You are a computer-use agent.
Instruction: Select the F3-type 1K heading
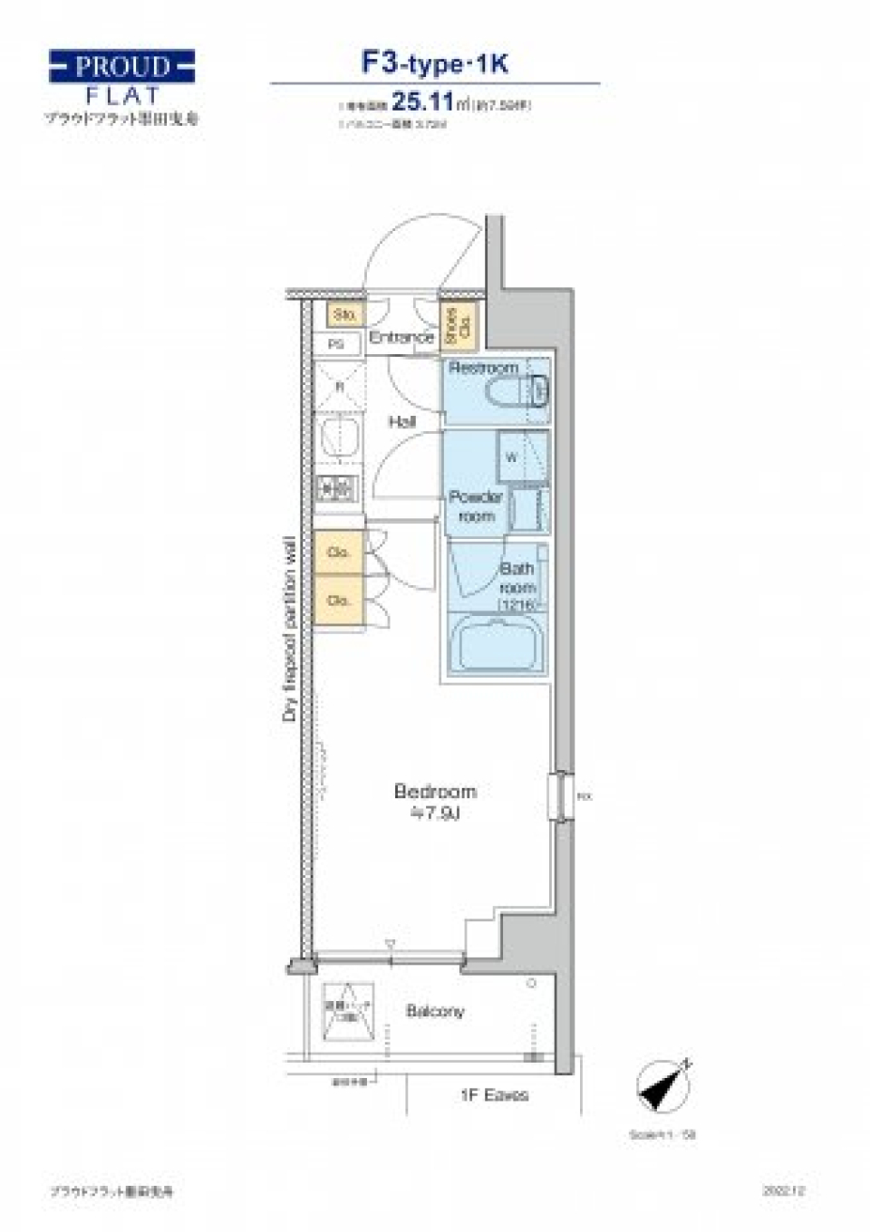tap(435, 63)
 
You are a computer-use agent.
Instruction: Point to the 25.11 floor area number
tap(421, 101)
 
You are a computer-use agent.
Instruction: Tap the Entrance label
tap(401, 337)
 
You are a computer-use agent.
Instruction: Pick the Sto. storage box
tap(344, 314)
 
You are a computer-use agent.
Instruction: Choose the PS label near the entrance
tap(336, 344)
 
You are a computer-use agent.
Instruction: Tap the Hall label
tap(402, 421)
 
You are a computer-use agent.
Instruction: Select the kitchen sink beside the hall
tap(339, 438)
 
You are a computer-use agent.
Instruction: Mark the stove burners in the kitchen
tap(337, 489)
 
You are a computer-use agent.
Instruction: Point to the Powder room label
tap(476, 506)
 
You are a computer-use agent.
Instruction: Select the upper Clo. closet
tap(339, 552)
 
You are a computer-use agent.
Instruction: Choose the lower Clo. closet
tap(339, 600)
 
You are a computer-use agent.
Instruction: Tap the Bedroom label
tap(435, 792)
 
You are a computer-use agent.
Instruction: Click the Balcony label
tap(435, 1011)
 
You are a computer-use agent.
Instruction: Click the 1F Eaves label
tap(494, 1095)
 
